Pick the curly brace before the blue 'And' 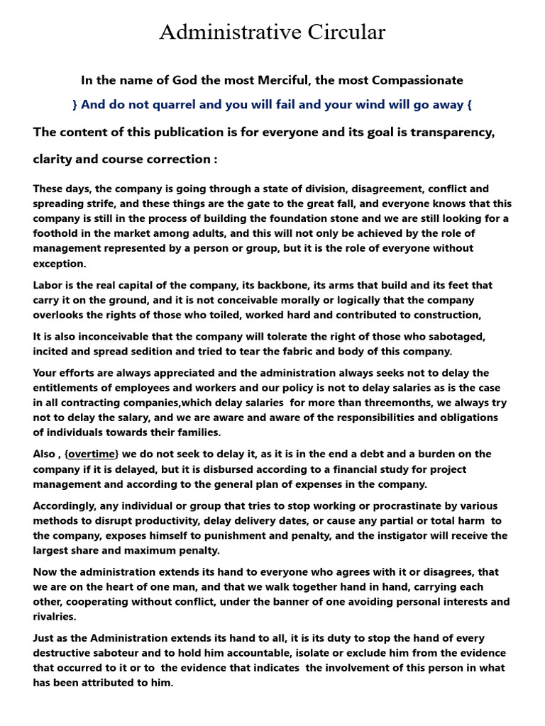click(75, 105)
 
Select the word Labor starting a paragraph click(48, 285)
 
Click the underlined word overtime click(92, 454)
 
